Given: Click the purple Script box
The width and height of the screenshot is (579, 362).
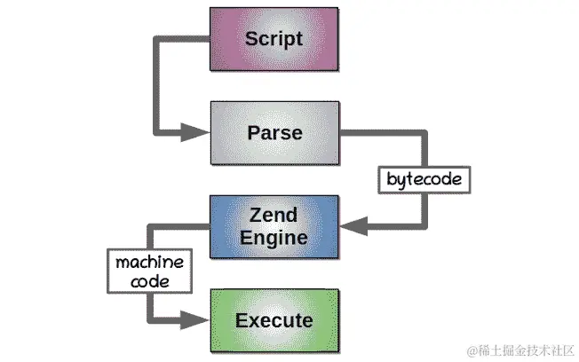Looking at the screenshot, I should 274,39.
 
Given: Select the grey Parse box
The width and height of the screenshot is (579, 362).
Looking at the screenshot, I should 274,133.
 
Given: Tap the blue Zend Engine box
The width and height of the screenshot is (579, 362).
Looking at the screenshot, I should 274,227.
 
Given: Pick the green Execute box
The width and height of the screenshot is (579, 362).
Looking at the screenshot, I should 274,319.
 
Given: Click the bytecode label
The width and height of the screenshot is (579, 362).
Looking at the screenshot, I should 424,179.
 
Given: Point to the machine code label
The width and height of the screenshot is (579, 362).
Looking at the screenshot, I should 149,271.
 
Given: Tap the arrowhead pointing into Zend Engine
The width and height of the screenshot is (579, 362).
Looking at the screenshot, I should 353,227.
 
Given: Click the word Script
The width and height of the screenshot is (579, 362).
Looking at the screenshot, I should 274,39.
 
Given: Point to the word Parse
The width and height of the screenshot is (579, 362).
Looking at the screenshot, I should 274,133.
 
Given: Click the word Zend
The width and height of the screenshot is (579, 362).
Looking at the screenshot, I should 274,216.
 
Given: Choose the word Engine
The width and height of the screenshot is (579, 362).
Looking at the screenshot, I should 274,238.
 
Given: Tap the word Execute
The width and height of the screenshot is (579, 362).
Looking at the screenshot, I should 274,319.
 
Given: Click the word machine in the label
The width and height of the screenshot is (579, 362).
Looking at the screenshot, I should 149,263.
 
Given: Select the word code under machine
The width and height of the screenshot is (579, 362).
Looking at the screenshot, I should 149,281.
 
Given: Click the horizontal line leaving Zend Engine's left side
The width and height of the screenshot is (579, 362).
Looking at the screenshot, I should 178,228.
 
